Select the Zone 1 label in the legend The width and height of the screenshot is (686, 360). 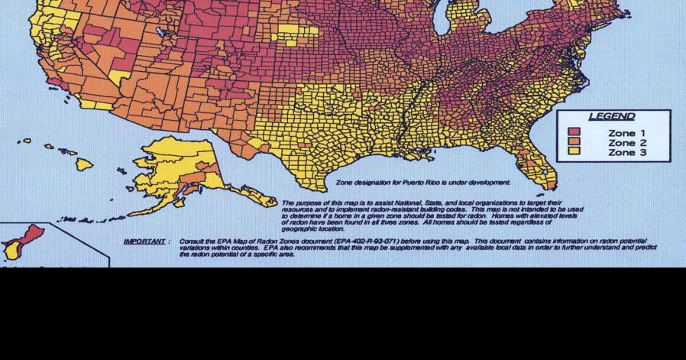(x=626, y=133)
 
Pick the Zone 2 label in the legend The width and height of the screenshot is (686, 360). (x=626, y=143)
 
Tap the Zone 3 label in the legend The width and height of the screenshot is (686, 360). (x=626, y=153)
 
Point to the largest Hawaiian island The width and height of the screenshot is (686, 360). (x=83, y=164)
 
